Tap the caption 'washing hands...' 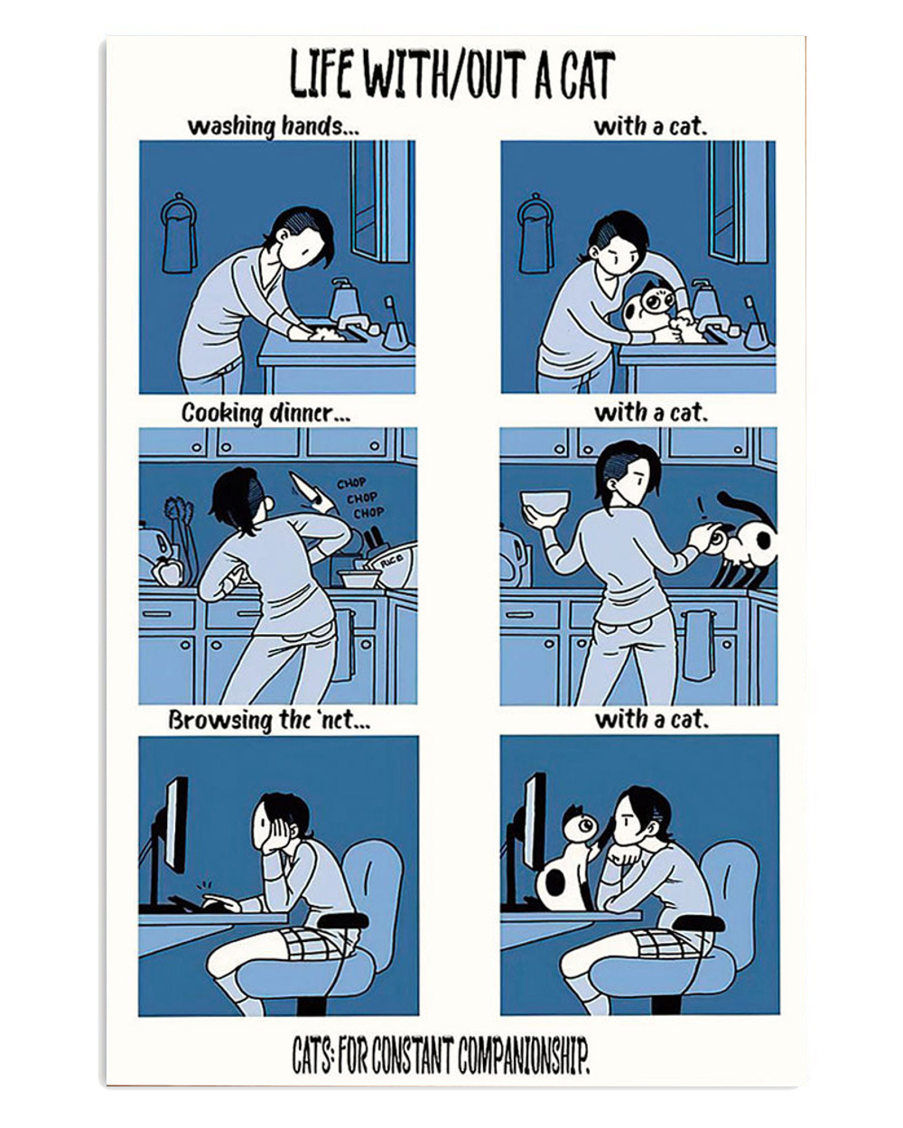click(273, 126)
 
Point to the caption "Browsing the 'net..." click(268, 721)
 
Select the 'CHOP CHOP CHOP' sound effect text click(361, 499)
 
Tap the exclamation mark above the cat click(699, 503)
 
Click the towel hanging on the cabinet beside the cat click(695, 643)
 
